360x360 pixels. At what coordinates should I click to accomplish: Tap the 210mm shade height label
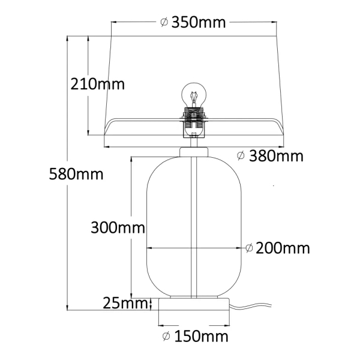point(97,84)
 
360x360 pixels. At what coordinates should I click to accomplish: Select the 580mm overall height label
point(76,174)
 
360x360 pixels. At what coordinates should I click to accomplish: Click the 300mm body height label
point(118,227)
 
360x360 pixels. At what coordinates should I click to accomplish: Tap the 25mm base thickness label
point(125,303)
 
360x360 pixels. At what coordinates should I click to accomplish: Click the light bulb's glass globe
point(194,94)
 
